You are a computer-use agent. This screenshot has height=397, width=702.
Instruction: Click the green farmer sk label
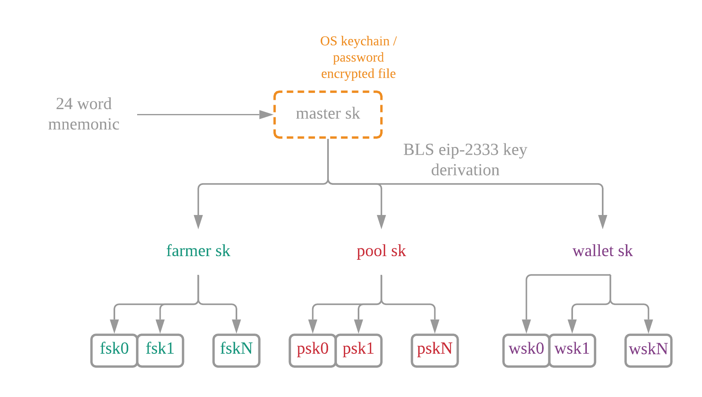198,251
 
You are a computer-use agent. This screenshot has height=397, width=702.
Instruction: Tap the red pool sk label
381,251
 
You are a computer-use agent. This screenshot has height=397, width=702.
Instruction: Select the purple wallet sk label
603,251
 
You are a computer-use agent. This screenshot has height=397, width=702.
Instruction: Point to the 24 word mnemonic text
84,114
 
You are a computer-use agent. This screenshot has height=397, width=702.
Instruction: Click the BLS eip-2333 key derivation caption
465,160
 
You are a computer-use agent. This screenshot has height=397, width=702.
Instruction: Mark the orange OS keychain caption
358,57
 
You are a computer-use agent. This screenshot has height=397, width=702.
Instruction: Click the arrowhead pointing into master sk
267,114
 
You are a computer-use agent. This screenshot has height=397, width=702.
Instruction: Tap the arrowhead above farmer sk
198,222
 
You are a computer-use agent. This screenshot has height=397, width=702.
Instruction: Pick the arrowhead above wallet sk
603,222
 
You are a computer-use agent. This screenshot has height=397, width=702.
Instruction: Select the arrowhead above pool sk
381,222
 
